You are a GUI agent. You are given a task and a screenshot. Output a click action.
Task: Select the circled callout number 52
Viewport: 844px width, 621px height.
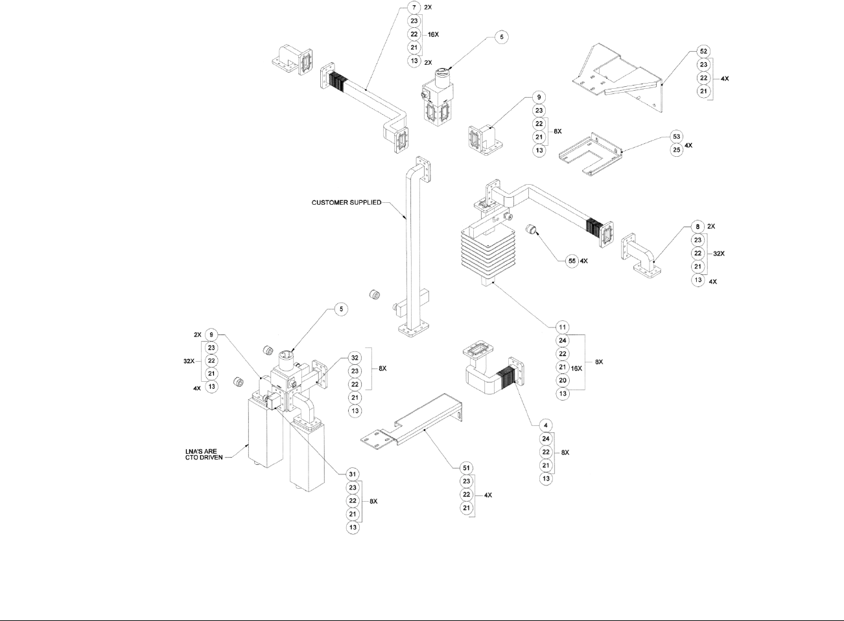click(703, 51)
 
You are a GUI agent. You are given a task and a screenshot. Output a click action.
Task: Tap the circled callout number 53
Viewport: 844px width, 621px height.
click(676, 137)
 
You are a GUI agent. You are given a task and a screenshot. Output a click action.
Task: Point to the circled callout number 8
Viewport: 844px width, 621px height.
click(697, 227)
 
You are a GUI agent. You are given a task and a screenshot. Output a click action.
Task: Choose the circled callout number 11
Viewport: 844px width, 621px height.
click(563, 327)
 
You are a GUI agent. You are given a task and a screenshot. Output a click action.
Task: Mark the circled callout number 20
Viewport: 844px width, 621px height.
click(563, 381)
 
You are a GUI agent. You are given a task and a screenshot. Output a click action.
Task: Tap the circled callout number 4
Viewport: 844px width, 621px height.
click(546, 425)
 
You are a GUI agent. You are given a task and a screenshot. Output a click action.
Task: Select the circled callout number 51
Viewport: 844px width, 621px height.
click(465, 468)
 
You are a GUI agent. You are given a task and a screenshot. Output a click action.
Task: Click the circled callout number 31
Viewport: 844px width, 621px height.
click(353, 474)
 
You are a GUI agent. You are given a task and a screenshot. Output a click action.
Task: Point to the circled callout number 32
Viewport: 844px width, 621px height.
click(355, 357)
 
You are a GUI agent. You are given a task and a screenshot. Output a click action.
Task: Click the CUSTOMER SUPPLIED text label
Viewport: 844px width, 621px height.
click(346, 203)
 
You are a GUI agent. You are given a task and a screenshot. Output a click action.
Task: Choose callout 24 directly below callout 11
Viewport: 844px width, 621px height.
click(563, 340)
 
